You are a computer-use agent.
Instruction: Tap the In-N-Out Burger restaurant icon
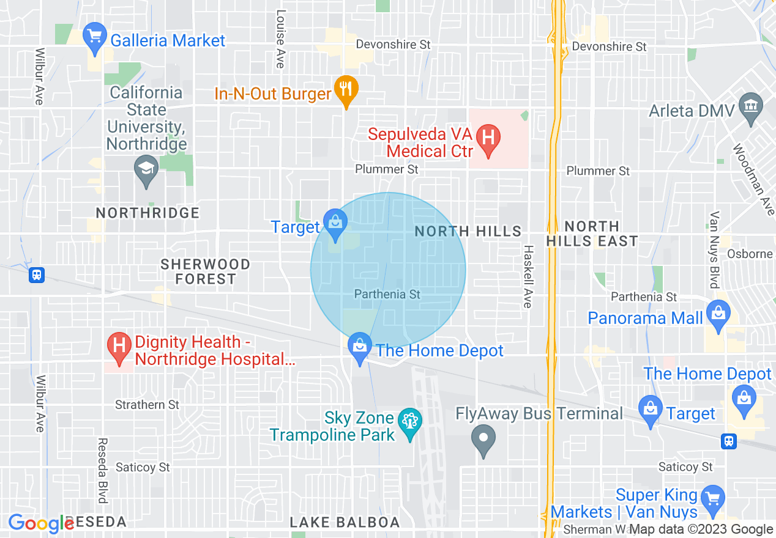coord(346,89)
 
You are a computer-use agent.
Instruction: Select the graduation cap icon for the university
coord(147,168)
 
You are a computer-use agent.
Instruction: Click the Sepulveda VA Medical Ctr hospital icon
coord(488,136)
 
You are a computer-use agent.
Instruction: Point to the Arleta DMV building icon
coord(750,105)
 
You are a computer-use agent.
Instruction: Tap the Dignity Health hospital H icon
coord(119,345)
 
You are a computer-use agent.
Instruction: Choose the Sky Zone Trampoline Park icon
coord(408,421)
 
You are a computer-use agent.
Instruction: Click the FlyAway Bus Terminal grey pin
coord(483,438)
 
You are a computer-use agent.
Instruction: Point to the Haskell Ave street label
coord(527,276)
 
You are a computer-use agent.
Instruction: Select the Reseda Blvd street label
coord(102,470)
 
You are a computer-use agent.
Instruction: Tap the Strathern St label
coord(147,405)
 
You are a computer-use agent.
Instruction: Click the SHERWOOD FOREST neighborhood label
coord(206,271)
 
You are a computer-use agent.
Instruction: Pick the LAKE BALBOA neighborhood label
coord(345,523)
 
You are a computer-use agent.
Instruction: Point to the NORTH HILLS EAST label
coord(591,234)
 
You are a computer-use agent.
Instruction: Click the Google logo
coord(40,524)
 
